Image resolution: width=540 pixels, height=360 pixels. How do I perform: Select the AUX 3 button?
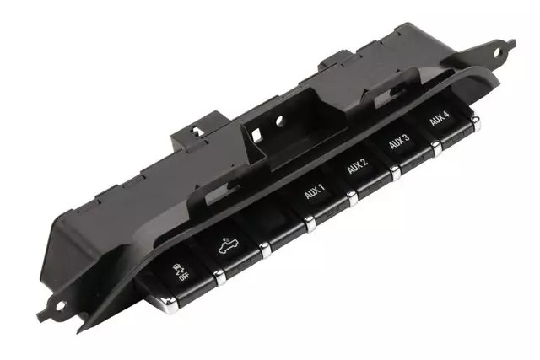[401, 145]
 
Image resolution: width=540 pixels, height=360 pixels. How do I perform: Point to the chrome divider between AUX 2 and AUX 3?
[395, 174]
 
